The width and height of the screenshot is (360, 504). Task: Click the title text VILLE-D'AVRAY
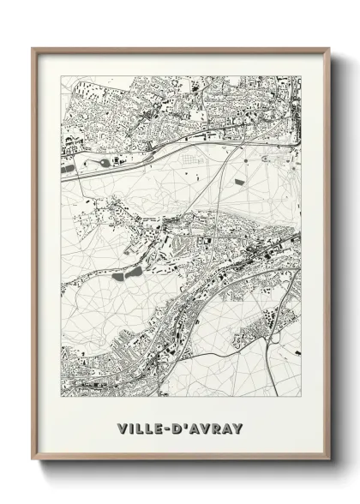coord(180,429)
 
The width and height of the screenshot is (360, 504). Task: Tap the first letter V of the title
coord(122,429)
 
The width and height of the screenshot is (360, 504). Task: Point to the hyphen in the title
coord(170,429)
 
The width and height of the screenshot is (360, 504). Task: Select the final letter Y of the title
coord(238,429)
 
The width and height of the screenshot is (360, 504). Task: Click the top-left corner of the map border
coord(61,76)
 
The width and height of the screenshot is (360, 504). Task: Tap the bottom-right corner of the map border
coord(301,398)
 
